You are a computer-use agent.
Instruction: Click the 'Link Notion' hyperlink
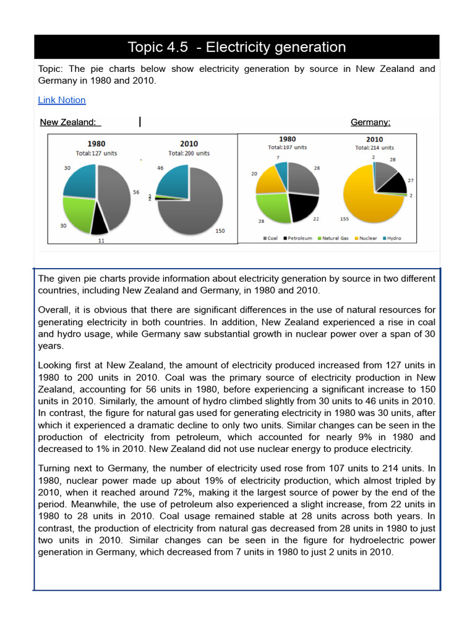(x=62, y=100)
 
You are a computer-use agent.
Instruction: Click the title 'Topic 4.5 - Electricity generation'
(x=237, y=47)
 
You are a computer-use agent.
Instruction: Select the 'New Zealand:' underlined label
(x=68, y=123)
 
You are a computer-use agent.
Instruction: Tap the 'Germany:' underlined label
(x=370, y=123)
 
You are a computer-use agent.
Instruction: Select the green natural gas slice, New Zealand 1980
(x=79, y=212)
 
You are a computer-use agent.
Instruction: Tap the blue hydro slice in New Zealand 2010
(x=173, y=180)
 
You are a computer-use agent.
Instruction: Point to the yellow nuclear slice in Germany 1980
(x=270, y=180)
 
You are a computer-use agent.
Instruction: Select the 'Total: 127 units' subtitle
(x=96, y=153)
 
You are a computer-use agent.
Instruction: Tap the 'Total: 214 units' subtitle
(x=374, y=148)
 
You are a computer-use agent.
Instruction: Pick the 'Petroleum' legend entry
(x=298, y=238)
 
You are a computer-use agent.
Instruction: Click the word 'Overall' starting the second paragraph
(x=54, y=310)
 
